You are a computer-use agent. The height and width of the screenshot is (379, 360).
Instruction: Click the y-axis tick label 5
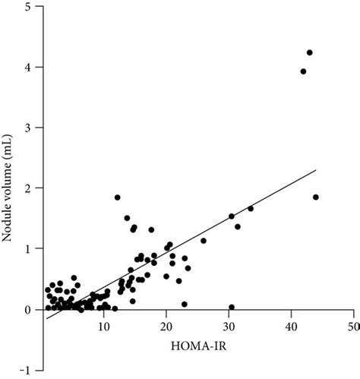[x=27, y=7]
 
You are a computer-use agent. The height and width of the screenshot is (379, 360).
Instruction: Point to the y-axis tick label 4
[x=27, y=68]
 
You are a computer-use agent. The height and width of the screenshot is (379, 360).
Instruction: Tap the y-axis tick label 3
[x=27, y=128]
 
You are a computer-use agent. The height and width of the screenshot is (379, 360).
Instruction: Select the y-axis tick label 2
[x=27, y=188]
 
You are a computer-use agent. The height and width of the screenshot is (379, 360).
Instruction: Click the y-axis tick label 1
[x=27, y=249]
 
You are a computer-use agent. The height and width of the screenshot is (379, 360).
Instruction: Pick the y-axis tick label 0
[x=27, y=309]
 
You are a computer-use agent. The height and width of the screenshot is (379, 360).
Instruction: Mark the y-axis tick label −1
[x=24, y=370]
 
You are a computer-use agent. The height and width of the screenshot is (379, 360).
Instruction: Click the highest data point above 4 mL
[x=310, y=52]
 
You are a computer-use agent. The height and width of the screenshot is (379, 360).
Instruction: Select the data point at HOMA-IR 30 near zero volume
[x=232, y=308]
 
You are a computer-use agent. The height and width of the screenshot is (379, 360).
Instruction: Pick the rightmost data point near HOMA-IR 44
[x=316, y=197]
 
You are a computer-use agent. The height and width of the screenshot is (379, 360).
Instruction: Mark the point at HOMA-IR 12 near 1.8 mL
[x=118, y=197]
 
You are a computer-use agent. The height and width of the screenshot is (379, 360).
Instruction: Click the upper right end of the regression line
[x=315, y=170]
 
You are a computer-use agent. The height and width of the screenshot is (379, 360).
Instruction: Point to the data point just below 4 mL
[x=303, y=71]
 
